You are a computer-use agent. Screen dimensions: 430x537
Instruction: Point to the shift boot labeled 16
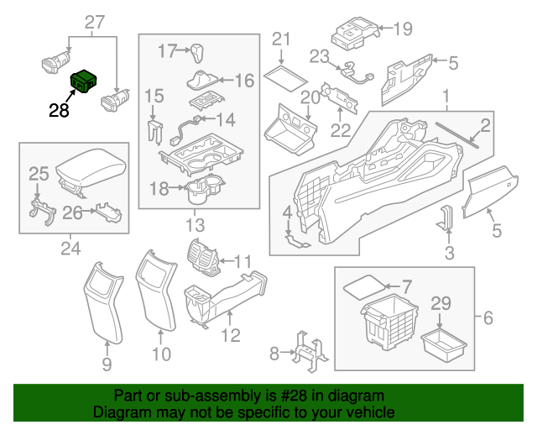click(200, 82)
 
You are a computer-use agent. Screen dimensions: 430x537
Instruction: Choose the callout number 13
click(194, 225)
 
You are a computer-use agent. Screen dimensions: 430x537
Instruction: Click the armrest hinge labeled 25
click(39, 210)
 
